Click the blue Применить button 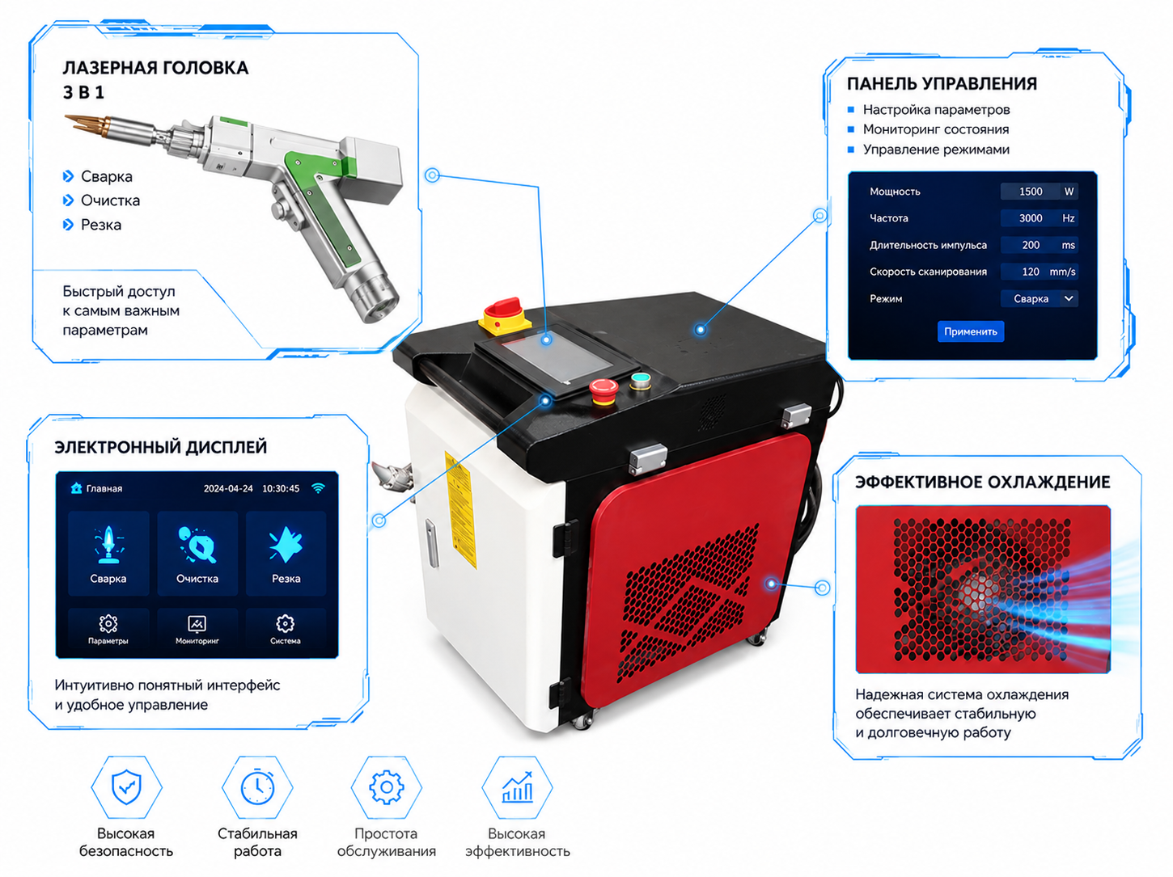(x=971, y=331)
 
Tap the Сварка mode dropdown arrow (x=1069, y=298)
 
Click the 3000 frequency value (x=1031, y=218)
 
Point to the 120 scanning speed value (x=1031, y=272)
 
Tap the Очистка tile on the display (x=197, y=553)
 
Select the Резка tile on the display (x=286, y=553)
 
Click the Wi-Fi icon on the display (x=318, y=488)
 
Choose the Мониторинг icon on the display (x=197, y=623)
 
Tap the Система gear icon (x=285, y=623)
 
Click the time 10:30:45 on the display (x=281, y=488)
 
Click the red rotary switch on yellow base (x=504, y=315)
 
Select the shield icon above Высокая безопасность (x=126, y=787)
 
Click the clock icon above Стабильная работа (x=257, y=786)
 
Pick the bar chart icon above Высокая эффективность (x=517, y=787)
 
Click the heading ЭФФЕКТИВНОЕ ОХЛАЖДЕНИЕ (x=983, y=482)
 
